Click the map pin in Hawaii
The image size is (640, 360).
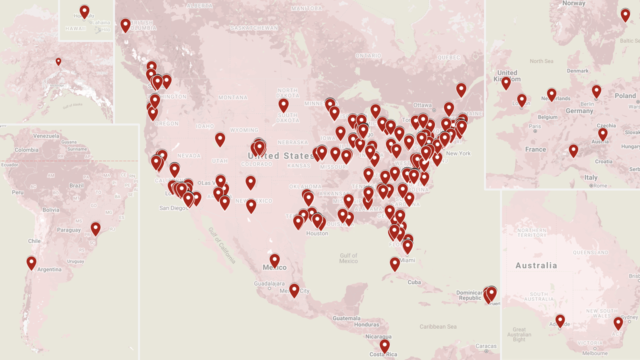coord(84,10)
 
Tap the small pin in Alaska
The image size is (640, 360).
coord(58,61)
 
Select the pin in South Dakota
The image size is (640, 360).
coord(283,104)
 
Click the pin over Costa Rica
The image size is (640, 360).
coord(384,345)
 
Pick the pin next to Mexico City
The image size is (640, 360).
coord(294,289)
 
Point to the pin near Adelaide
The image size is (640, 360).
coord(560,320)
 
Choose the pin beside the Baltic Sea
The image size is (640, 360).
coord(625,14)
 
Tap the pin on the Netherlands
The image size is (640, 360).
coord(551,93)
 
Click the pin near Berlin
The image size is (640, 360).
coord(596,90)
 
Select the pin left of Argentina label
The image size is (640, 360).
coord(31,262)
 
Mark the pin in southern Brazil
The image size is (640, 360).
coord(95,228)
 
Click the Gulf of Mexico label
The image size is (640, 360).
coord(348,258)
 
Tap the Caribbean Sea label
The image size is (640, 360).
coord(438,326)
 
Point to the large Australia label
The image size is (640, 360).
coord(536,265)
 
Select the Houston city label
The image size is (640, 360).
coord(317,233)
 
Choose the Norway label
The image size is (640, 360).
coord(573,3)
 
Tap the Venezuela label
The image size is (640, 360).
coord(46,136)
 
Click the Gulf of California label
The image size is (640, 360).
coord(222,245)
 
